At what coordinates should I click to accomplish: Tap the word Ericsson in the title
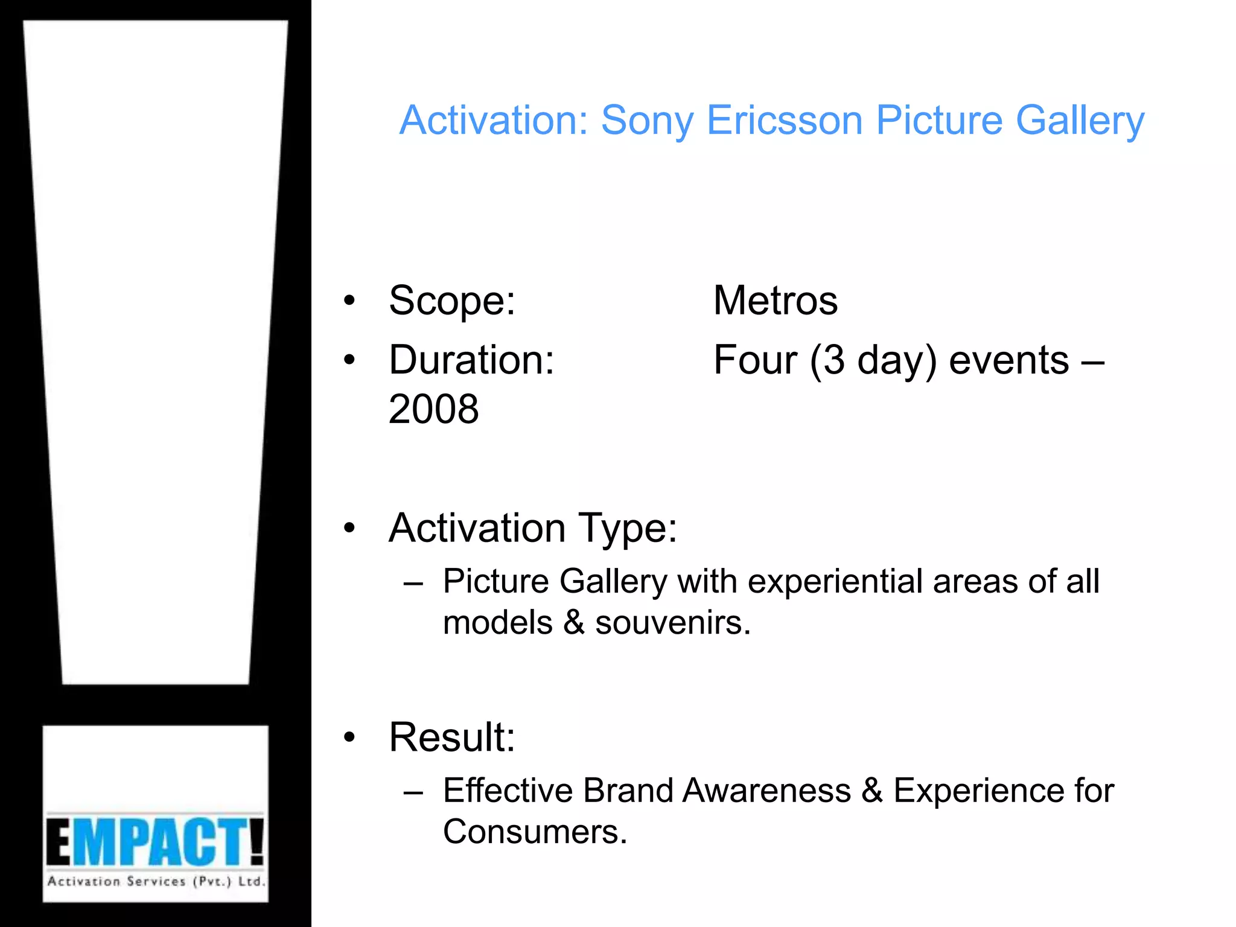(x=784, y=121)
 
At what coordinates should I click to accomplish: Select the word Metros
(x=775, y=301)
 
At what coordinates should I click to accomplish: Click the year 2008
(x=433, y=409)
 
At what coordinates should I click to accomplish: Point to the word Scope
(x=451, y=301)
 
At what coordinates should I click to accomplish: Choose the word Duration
(x=471, y=360)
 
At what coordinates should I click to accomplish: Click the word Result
(x=451, y=737)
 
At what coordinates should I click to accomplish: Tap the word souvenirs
(x=672, y=623)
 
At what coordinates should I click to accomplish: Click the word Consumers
(x=535, y=832)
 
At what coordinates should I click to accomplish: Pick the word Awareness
(x=766, y=791)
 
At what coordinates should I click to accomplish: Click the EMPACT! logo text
(x=155, y=841)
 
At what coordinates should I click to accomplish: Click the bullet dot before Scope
(x=349, y=301)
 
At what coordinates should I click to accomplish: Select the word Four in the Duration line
(x=754, y=360)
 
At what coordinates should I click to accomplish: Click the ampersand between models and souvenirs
(x=573, y=623)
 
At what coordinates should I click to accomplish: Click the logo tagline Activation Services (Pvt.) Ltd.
(x=156, y=882)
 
